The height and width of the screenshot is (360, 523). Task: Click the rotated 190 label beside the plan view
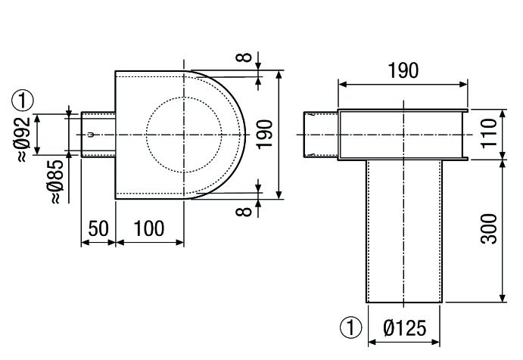264,133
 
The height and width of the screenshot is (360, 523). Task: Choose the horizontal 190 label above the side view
402,72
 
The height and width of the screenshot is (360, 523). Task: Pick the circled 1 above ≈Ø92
25,99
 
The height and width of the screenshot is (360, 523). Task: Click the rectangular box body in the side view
401,135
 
